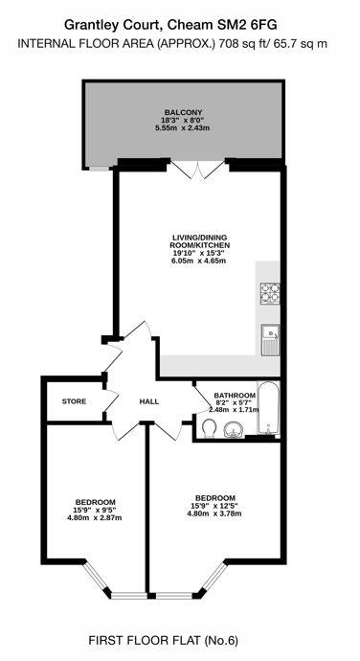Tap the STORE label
pos(74,401)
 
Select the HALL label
pos(149,401)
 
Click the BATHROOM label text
pos(235,396)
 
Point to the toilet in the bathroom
pos(209,429)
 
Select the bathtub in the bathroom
pos(268,408)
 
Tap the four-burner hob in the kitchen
pos(270,293)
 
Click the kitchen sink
pos(270,340)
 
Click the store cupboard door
pos(111,400)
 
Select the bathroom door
pos(202,399)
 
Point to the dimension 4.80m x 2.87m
pos(95,517)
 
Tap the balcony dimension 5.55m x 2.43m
pos(183,127)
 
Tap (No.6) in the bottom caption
pos(221,641)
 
